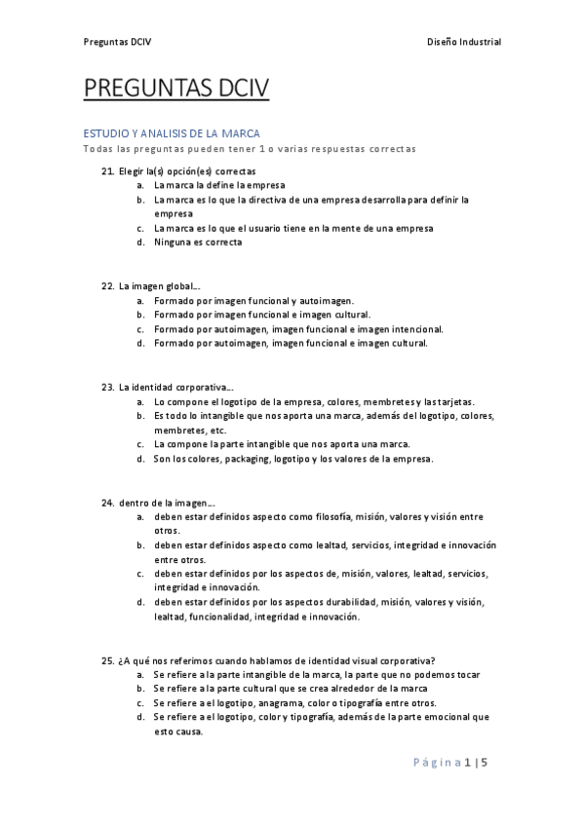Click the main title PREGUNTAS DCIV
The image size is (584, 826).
(x=176, y=90)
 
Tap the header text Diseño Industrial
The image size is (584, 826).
(x=464, y=42)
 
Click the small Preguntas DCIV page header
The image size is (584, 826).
(x=117, y=42)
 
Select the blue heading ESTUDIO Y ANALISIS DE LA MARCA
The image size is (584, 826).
(x=171, y=133)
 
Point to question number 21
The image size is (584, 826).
(x=108, y=171)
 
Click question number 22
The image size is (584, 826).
(x=108, y=286)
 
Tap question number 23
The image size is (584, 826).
(x=108, y=387)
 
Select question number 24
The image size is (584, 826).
(x=108, y=502)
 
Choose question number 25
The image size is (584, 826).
(x=108, y=660)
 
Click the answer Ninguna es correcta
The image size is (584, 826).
(x=198, y=243)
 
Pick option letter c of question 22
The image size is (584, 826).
(x=140, y=329)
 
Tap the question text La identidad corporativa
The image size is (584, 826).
(x=175, y=387)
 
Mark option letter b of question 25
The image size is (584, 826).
(x=140, y=689)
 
